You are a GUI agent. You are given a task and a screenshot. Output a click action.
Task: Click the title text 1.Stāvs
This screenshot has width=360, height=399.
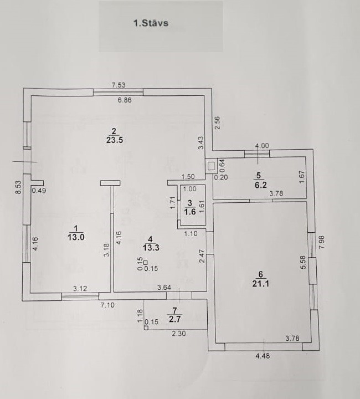tap(150, 24)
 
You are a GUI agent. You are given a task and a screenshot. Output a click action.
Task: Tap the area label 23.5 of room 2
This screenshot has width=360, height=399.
tap(114, 140)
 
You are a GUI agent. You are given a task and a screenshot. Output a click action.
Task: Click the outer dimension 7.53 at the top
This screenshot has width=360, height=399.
tap(118, 85)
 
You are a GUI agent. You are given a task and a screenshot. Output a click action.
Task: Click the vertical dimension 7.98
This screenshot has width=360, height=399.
tap(322, 243)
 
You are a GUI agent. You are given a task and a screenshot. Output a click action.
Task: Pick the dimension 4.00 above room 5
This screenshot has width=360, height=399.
tap(261, 146)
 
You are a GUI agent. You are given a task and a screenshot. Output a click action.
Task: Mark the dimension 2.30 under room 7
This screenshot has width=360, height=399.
tap(178, 334)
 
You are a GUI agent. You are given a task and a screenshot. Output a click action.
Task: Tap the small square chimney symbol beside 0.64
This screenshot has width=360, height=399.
tap(210, 165)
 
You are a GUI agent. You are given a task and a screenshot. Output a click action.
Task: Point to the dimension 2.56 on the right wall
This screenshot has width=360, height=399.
tap(218, 122)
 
